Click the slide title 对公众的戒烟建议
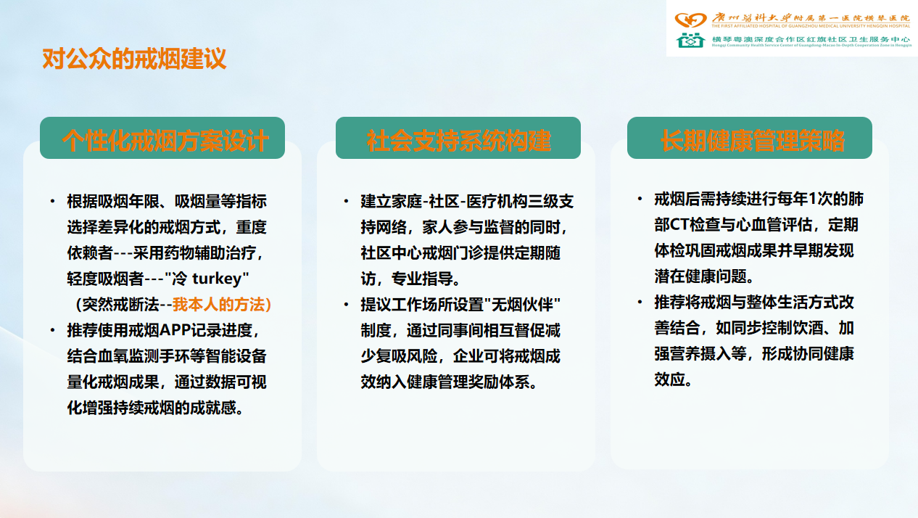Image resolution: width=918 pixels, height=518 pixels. tap(134, 59)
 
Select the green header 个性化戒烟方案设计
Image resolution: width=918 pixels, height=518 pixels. tap(162, 138)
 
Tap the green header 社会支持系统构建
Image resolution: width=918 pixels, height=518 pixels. tap(458, 138)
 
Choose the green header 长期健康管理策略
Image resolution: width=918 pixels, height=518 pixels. tap(750, 138)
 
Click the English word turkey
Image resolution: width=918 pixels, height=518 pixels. tap(218, 279)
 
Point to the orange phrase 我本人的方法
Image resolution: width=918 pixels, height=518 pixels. tap(218, 305)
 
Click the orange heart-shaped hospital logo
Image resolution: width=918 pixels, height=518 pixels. tap(690, 20)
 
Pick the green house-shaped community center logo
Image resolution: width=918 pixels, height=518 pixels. tap(690, 40)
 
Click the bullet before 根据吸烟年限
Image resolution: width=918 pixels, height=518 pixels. tap(52, 202)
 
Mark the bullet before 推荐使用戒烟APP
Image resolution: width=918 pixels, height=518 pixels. tap(52, 331)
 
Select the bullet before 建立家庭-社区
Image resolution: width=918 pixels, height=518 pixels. tap(347, 202)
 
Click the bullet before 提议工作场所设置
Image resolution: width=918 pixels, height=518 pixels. tap(347, 305)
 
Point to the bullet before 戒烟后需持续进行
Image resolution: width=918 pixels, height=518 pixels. tap(640, 199)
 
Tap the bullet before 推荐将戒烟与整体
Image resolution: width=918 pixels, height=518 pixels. tap(640, 303)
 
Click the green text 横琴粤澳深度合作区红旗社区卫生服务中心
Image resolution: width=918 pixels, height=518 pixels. tap(811, 39)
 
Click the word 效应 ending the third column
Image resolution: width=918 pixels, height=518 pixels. tap(670, 379)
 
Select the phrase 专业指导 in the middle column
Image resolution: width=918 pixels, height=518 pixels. tap(422, 279)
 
